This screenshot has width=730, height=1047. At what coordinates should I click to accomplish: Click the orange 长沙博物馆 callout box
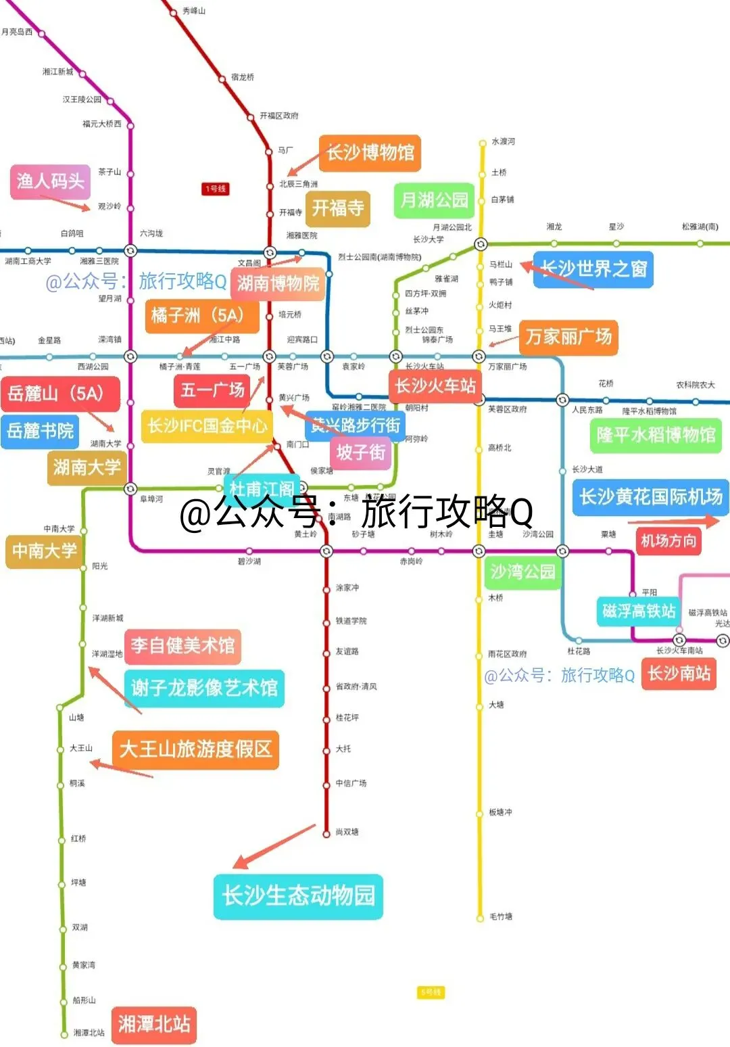click(370, 153)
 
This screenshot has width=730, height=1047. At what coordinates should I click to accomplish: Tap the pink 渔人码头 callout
click(50, 181)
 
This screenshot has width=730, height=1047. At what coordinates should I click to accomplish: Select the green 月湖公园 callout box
click(434, 200)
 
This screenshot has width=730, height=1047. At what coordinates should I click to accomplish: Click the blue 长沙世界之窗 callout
click(593, 269)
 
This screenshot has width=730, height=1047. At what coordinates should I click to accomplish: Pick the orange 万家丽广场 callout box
click(568, 336)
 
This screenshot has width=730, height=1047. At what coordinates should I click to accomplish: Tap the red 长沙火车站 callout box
click(435, 386)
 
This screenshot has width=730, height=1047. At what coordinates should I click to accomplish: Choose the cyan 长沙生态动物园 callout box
click(298, 895)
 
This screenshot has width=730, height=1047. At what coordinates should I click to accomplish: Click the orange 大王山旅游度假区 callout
click(195, 749)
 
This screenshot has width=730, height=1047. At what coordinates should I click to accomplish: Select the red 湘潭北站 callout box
click(153, 1024)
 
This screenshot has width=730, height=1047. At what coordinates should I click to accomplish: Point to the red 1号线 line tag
click(216, 189)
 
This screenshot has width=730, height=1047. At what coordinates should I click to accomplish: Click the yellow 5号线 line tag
click(431, 992)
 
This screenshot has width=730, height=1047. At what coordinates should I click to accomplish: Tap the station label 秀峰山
click(194, 11)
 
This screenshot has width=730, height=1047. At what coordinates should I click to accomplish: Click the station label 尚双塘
click(347, 832)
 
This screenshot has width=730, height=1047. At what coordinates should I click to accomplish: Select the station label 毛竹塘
click(501, 916)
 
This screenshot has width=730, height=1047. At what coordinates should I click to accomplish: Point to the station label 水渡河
click(504, 141)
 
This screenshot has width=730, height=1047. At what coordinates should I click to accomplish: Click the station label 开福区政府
click(279, 116)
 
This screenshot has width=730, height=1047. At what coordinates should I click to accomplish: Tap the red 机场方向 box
click(668, 540)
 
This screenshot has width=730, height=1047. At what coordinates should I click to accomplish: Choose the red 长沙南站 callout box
click(679, 673)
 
